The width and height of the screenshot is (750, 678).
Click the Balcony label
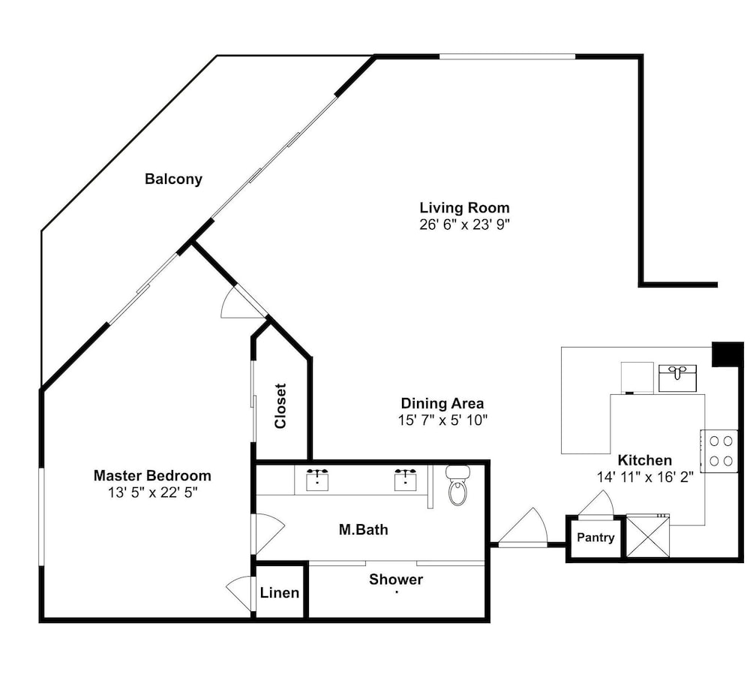(174, 179)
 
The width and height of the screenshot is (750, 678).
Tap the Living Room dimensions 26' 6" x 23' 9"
(464, 224)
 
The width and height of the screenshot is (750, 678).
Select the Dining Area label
(442, 403)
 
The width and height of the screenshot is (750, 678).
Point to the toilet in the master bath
(457, 485)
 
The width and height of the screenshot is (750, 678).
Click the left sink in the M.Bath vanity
(317, 480)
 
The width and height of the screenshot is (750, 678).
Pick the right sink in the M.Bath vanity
(406, 480)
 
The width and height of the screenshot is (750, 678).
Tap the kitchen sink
(677, 378)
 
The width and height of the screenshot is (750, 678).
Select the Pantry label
(595, 538)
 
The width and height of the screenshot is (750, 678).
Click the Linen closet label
(280, 592)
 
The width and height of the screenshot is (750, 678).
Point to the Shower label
(396, 580)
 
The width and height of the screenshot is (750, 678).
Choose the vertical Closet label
(280, 406)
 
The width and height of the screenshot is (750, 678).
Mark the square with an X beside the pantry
(648, 536)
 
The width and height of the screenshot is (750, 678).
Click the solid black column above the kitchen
(727, 354)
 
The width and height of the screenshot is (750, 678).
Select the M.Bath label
(364, 529)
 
